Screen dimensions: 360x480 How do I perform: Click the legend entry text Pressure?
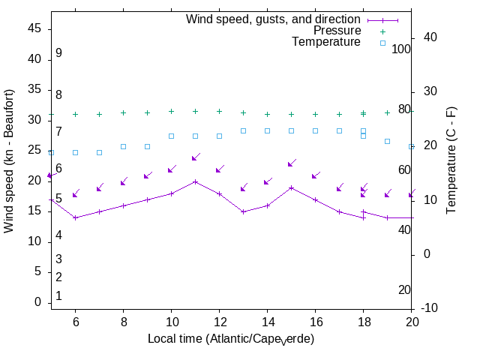pos(337,31)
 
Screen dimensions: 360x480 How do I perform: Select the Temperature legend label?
pos(326,42)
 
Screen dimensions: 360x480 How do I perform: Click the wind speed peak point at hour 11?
pos(195,181)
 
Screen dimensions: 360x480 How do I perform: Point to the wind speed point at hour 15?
pos(291,187)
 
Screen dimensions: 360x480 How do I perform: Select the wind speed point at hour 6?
pos(75,217)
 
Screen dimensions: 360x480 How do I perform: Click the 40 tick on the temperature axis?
pos(431,37)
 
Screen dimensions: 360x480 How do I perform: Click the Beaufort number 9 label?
pos(58,53)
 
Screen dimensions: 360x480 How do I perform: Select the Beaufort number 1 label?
pos(58,296)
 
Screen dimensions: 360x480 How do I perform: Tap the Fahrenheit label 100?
pos(402,49)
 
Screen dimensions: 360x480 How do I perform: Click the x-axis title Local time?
pos(230,339)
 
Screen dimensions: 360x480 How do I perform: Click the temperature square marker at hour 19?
pos(387,141)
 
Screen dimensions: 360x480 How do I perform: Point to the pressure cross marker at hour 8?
pos(123,113)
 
